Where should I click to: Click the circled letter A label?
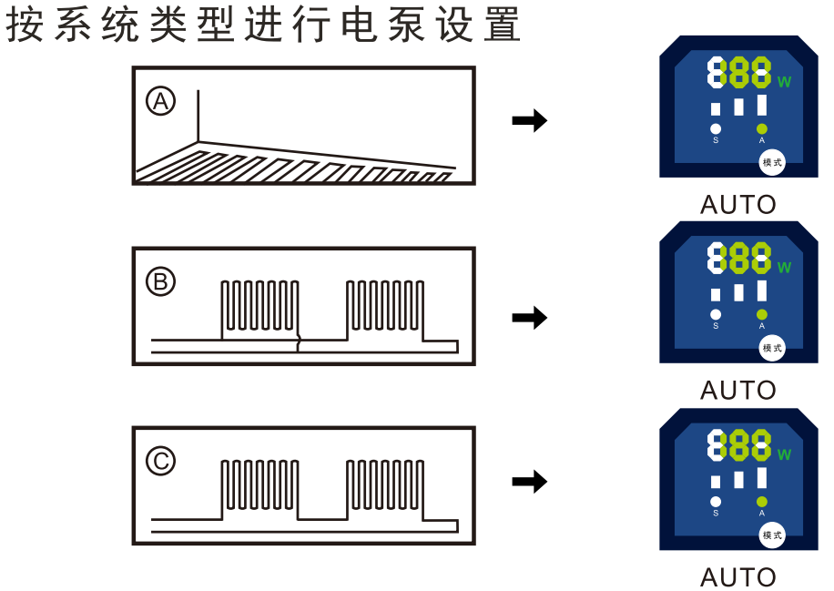[x=161, y=101]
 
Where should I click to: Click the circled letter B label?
[x=161, y=283]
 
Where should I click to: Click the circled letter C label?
[x=161, y=463]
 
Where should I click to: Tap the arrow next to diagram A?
[x=529, y=120]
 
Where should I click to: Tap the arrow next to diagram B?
[x=529, y=318]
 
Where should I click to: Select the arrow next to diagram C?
[x=529, y=482]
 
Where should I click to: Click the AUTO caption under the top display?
[x=737, y=205]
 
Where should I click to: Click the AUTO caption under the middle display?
[x=737, y=391]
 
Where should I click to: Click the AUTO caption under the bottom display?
[x=737, y=577]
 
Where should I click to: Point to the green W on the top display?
[x=784, y=82]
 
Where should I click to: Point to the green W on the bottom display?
[x=784, y=454]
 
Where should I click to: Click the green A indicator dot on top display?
[x=762, y=128]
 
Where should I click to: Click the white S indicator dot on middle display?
[x=716, y=315]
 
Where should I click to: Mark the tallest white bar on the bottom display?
[x=762, y=477]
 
